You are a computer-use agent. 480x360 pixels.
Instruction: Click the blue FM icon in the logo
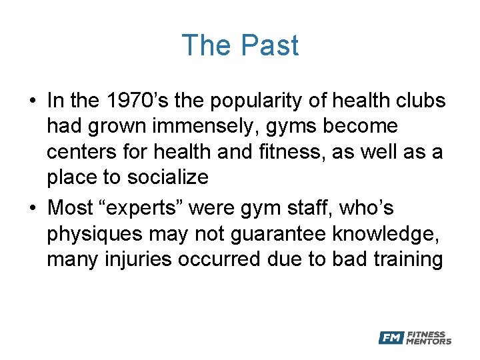[x=391, y=338]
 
